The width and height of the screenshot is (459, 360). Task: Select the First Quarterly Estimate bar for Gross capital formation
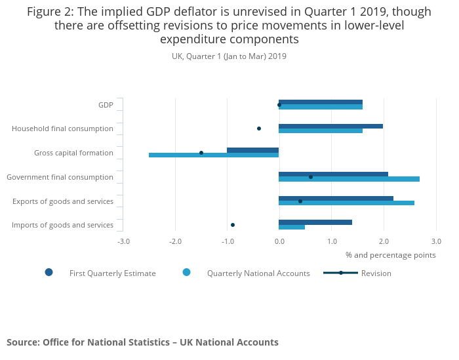(x=252, y=150)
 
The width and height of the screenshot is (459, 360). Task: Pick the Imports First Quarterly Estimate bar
(x=315, y=222)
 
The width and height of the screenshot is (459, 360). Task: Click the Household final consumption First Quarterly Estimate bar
(x=330, y=126)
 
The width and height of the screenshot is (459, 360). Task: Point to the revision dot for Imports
(x=233, y=225)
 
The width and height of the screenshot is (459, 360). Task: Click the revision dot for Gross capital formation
(x=201, y=153)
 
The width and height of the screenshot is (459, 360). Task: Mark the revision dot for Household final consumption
(x=259, y=129)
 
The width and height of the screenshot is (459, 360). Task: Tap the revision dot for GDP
(x=279, y=105)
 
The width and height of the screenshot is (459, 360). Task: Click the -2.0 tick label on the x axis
(x=175, y=241)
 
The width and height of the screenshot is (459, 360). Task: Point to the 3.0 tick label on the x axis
(x=436, y=241)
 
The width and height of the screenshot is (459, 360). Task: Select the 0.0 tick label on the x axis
(x=279, y=241)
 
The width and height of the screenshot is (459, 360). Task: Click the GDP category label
(x=106, y=105)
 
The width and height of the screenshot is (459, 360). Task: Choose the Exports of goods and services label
(x=63, y=201)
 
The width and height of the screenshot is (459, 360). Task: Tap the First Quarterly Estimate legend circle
(x=49, y=272)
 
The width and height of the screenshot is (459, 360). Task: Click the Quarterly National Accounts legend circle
(x=187, y=272)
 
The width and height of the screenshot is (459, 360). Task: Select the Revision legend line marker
(x=341, y=273)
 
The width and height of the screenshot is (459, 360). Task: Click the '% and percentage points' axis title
(x=390, y=255)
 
